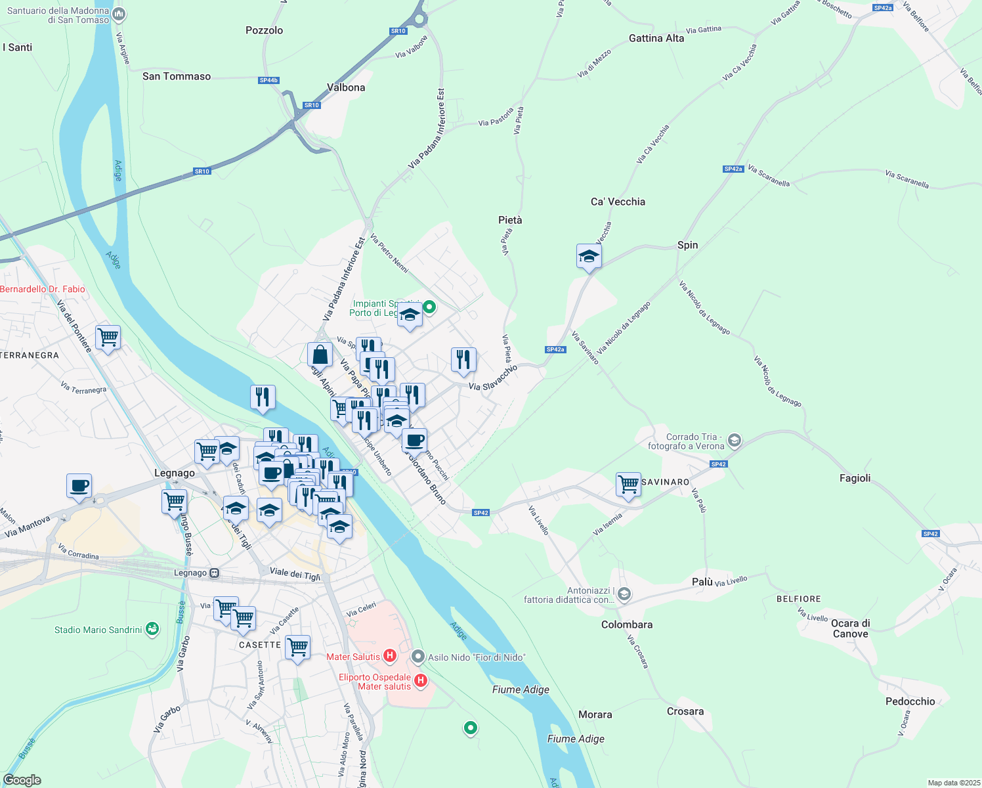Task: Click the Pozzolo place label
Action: point(264,30)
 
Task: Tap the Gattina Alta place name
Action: point(656,38)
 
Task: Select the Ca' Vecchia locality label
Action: point(618,202)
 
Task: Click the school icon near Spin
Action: point(589,257)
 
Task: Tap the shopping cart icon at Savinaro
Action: point(628,485)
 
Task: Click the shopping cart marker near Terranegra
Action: point(108,338)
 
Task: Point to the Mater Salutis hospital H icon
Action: point(389,656)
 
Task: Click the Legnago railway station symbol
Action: point(214,573)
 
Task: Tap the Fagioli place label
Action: point(855,478)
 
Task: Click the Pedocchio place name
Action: point(910,701)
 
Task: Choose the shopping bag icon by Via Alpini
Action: point(320,355)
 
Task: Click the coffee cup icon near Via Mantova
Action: point(79,486)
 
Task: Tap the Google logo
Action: point(22,779)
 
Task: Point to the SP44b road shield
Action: point(268,80)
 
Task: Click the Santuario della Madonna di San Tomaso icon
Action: point(119,14)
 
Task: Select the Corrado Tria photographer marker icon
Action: point(735,441)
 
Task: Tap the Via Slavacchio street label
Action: point(493,378)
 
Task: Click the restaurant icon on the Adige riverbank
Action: point(263,397)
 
